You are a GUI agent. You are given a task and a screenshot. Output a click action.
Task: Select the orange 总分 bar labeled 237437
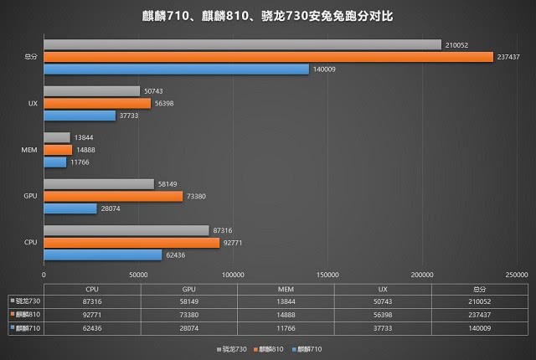[x=268, y=57]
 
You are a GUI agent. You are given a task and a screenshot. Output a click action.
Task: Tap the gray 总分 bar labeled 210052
[x=242, y=44]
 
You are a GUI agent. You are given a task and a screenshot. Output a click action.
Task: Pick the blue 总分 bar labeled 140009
[x=176, y=69]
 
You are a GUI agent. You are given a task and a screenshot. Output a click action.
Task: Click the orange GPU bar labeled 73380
[x=113, y=196]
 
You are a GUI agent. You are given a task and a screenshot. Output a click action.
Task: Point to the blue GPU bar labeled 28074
[x=70, y=208]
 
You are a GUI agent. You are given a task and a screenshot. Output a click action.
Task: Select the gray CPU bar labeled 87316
[x=126, y=230]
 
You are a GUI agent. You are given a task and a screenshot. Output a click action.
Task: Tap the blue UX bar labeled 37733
[x=80, y=116]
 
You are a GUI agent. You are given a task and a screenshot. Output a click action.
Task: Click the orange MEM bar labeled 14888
[x=58, y=150]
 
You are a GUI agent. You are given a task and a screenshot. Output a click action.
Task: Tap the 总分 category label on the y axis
[x=30, y=57]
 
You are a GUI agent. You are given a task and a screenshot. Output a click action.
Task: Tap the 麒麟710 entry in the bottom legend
[x=307, y=347]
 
